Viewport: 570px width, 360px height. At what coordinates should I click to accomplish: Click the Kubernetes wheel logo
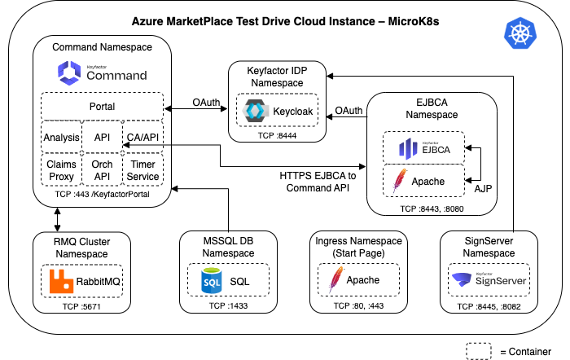click(520, 33)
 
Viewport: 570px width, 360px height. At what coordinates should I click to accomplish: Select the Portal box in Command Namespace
click(102, 107)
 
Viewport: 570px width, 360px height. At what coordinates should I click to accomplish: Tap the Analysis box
click(61, 138)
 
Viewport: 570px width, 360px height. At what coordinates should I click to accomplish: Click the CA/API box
click(142, 138)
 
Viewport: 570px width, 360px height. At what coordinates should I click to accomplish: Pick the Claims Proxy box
click(61, 170)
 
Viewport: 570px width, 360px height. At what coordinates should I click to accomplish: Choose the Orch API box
click(102, 170)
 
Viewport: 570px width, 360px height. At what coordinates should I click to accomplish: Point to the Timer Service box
click(142, 170)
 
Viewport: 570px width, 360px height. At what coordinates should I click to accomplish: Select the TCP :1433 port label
click(228, 306)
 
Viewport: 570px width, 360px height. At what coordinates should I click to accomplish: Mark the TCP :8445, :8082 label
click(489, 306)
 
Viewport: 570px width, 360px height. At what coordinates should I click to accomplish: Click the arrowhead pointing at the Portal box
click(168, 108)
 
